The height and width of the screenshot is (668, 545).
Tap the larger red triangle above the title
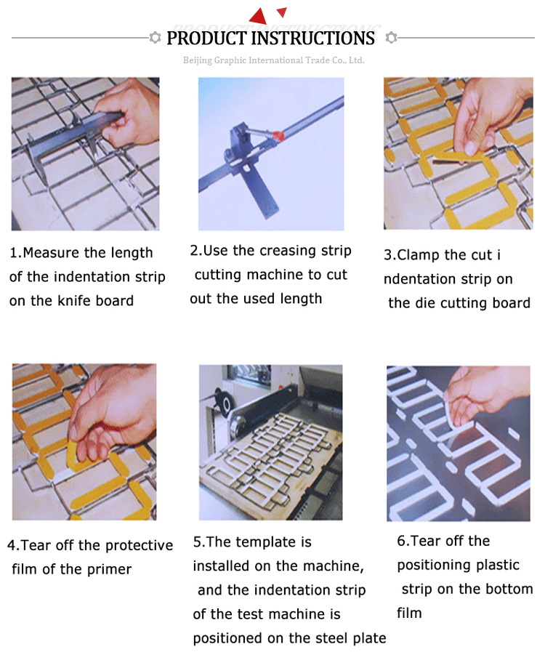259,16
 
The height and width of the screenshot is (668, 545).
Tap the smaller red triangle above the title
282,12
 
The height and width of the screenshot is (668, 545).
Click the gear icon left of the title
156,38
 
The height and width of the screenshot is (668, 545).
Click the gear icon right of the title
391,38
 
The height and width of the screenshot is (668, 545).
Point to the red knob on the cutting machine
278,136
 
